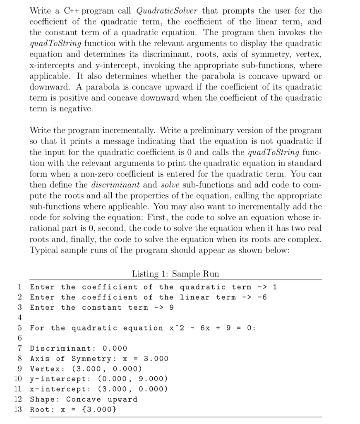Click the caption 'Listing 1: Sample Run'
tap(175, 274)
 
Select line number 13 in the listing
tap(19, 410)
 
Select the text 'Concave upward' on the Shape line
tap(102, 400)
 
